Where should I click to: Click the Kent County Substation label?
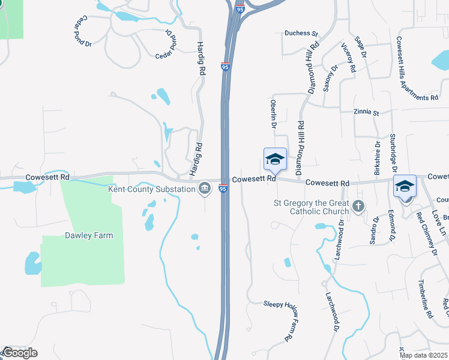(x=152, y=190)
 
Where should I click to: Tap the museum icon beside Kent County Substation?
(x=205, y=190)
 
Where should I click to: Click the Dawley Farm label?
(x=89, y=236)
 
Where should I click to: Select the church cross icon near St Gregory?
(x=358, y=206)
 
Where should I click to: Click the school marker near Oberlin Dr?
(x=275, y=160)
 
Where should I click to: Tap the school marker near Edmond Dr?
(x=405, y=186)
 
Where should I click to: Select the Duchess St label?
(x=301, y=34)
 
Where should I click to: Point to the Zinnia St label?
(x=367, y=112)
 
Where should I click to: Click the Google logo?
(x=19, y=353)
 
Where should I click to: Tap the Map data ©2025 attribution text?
(x=424, y=355)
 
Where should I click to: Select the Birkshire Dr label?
(x=378, y=157)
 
